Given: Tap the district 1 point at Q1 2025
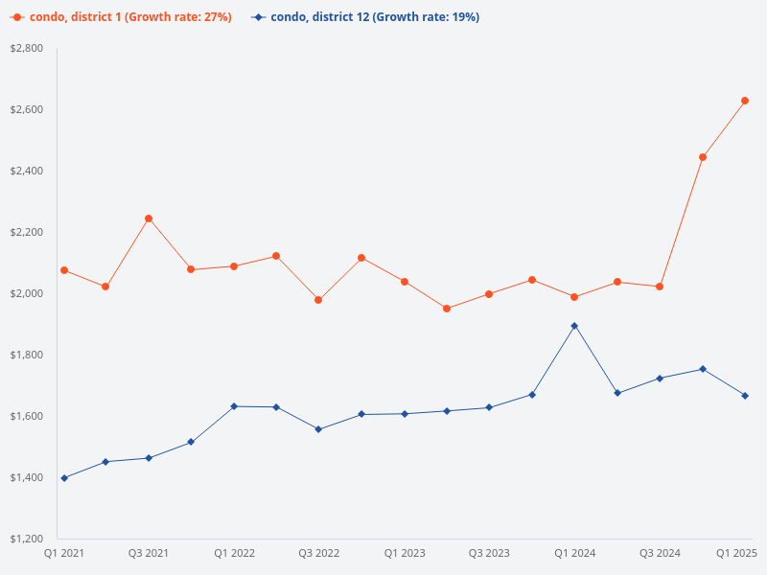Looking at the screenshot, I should click(x=745, y=101).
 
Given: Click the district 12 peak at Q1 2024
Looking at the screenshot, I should click(x=574, y=326).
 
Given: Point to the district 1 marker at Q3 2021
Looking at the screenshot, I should click(x=149, y=218).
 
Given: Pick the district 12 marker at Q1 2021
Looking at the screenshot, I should click(x=64, y=477).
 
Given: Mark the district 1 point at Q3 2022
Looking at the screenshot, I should click(x=318, y=300).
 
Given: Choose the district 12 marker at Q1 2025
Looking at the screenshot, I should click(x=745, y=396).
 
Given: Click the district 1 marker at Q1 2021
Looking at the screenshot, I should click(x=64, y=270).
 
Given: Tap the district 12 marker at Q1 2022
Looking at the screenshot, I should click(x=234, y=406).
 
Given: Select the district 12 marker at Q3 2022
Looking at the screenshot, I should click(x=318, y=429).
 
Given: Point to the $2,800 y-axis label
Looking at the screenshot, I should click(x=27, y=48).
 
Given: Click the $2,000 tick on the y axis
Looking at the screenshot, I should click(x=27, y=293).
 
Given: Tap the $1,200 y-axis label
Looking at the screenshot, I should click(x=27, y=539).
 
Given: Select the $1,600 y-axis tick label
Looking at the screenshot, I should click(x=27, y=416).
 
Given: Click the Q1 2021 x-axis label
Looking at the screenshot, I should click(x=64, y=554).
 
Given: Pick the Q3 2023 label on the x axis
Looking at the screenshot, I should click(x=489, y=554).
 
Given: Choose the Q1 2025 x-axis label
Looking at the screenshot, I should click(x=737, y=554).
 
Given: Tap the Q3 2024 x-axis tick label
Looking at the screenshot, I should click(x=660, y=554).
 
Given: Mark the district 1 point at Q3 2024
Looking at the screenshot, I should click(x=660, y=287).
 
